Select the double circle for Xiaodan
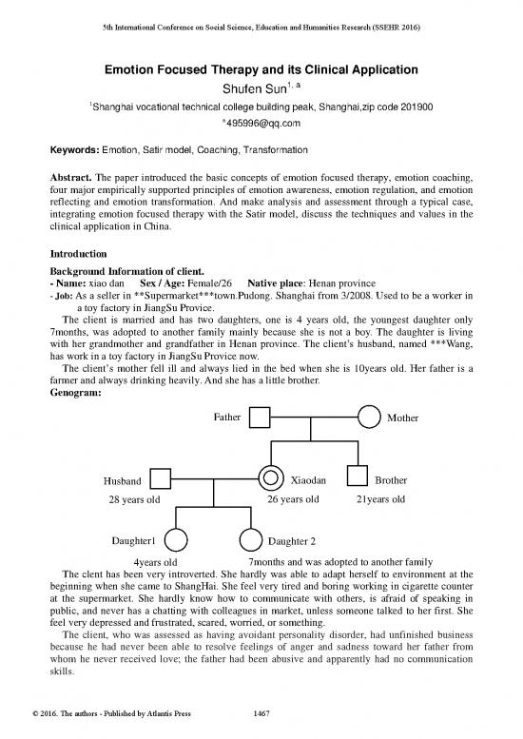pyautogui.click(x=271, y=479)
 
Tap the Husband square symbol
pyautogui.click(x=162, y=479)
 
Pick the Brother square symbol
pyautogui.click(x=358, y=479)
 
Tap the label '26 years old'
pyautogui.click(x=293, y=499)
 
